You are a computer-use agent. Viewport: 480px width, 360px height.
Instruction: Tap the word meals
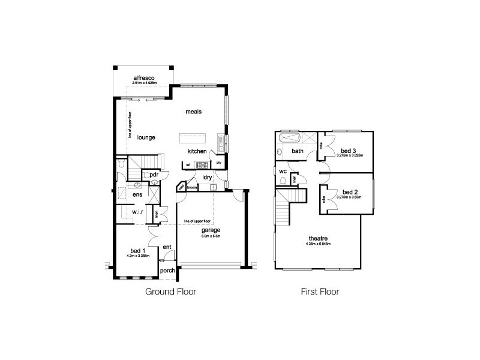tap(193, 112)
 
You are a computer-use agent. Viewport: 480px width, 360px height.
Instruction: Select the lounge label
tap(146, 137)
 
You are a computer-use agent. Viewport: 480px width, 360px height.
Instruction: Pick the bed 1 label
tap(137, 250)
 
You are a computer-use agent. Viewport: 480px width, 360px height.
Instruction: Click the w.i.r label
tap(138, 212)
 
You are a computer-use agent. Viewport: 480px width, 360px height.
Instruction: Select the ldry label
tap(208, 177)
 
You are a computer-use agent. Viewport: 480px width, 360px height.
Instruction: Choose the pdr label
tap(154, 175)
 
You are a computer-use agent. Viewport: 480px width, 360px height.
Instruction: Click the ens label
tap(137, 195)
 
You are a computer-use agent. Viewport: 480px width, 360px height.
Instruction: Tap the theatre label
tap(318, 239)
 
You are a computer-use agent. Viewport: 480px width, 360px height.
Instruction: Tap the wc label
tap(283, 171)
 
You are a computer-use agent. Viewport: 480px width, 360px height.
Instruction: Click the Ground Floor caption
tap(171, 293)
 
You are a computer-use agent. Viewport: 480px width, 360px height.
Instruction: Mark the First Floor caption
tap(320, 293)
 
